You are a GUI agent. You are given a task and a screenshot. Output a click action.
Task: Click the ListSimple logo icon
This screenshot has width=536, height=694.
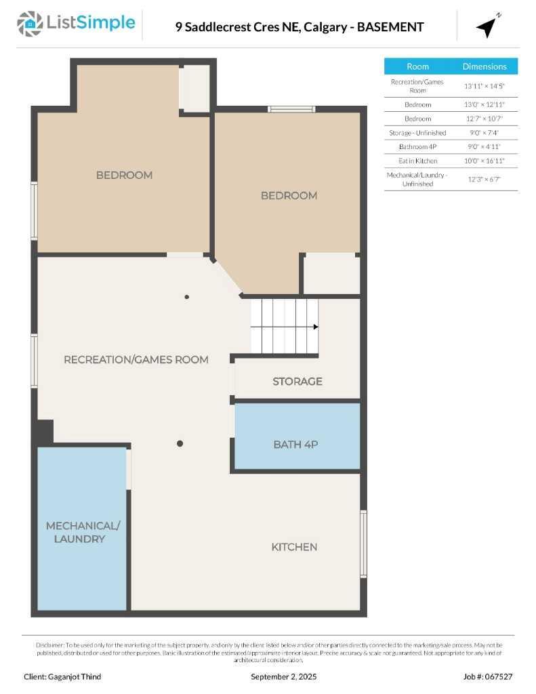click(29, 23)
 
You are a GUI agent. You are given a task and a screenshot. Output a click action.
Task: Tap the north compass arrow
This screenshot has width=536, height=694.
click(487, 26)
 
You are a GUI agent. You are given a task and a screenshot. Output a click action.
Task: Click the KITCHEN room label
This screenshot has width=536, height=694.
click(294, 547)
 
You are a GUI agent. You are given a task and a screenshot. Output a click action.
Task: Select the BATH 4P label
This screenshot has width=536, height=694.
click(295, 445)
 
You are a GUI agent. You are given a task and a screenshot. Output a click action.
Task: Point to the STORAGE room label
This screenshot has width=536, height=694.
click(297, 382)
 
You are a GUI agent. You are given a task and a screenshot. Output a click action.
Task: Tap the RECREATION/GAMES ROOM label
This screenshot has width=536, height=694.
click(136, 359)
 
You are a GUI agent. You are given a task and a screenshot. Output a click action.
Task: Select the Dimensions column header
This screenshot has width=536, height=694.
click(484, 66)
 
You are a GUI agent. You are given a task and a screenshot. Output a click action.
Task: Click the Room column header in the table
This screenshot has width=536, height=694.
click(417, 66)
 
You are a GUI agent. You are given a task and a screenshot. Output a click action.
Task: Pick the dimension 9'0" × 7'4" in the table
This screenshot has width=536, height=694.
click(484, 133)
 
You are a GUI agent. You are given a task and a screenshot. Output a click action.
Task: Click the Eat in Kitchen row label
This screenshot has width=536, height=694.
click(417, 161)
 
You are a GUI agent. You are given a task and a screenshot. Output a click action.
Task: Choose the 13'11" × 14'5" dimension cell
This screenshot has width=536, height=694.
click(484, 86)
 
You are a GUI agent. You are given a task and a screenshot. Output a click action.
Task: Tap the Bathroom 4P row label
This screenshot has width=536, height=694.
click(417, 146)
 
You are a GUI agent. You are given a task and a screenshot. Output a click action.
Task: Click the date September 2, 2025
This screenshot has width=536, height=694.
click(283, 676)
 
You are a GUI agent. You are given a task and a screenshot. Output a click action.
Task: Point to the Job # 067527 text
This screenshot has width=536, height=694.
click(488, 676)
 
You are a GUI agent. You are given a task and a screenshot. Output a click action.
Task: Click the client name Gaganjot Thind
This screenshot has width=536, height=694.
click(62, 676)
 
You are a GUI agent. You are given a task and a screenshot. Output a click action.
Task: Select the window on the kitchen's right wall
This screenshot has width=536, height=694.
click(363, 544)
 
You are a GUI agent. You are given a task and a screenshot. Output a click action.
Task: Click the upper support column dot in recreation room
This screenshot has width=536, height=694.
click(187, 297)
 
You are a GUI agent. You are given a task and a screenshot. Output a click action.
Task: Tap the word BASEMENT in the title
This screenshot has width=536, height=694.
click(390, 27)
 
